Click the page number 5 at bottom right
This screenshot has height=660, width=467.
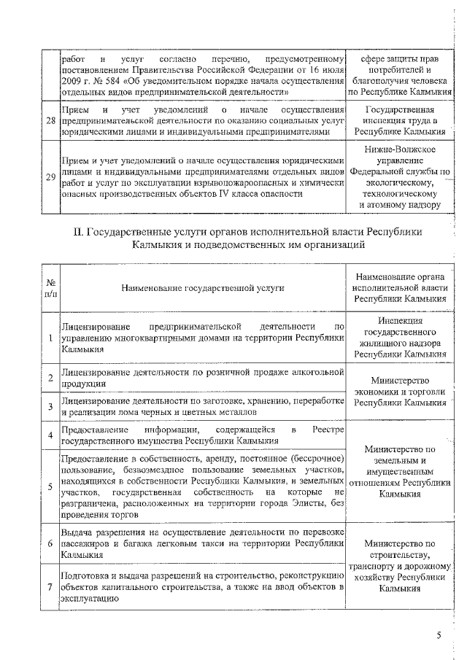439,634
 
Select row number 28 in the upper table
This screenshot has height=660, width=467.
50,120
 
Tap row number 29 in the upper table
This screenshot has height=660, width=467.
50,177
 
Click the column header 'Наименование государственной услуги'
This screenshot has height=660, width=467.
203,287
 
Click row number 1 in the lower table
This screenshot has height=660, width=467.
50,338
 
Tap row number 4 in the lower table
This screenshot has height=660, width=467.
50,436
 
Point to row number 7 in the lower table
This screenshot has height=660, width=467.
50,588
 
